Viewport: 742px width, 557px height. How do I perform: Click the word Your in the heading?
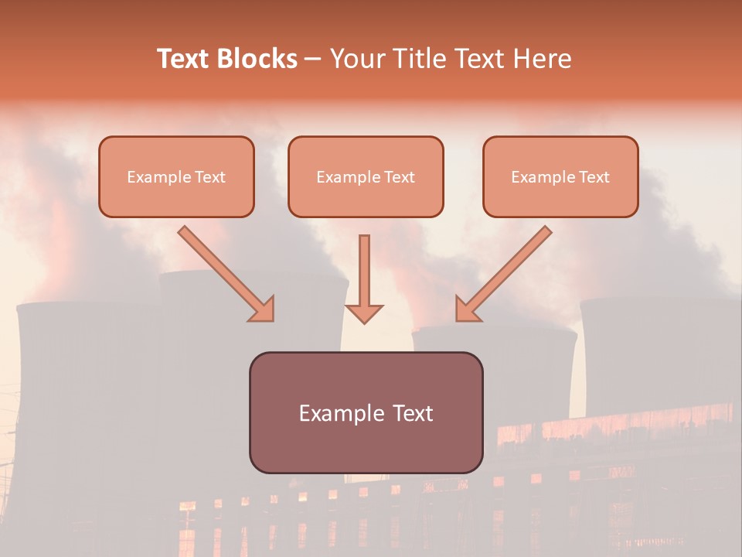[355, 59]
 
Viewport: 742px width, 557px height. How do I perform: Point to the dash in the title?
[313, 60]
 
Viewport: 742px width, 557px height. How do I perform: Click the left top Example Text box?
[176, 177]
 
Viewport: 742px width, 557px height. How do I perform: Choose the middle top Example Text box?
[366, 177]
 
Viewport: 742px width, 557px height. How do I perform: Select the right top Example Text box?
[560, 177]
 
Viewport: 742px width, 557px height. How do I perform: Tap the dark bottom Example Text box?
[366, 412]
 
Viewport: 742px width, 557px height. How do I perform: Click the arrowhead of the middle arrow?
[364, 313]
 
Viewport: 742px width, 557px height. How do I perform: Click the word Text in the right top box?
[594, 177]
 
